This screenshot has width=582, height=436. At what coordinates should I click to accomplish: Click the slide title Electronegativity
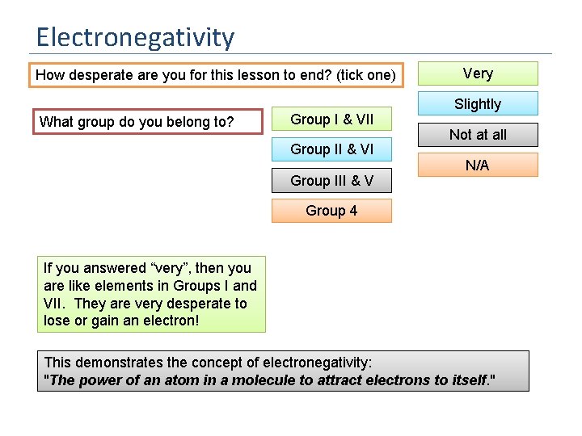click(x=135, y=37)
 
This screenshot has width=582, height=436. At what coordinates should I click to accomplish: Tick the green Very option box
click(x=477, y=73)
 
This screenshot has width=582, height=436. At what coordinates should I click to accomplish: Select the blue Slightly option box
click(x=477, y=104)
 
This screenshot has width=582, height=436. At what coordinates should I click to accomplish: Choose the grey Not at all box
click(x=477, y=135)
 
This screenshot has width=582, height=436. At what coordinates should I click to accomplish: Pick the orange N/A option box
click(x=477, y=166)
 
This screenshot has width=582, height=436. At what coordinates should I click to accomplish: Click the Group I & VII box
click(x=331, y=119)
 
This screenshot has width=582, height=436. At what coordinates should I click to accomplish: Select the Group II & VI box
click(x=331, y=149)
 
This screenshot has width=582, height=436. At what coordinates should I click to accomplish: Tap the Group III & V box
click(x=331, y=181)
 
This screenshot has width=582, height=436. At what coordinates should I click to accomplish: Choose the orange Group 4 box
click(x=331, y=211)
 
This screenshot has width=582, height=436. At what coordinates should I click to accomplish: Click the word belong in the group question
click(x=171, y=122)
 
